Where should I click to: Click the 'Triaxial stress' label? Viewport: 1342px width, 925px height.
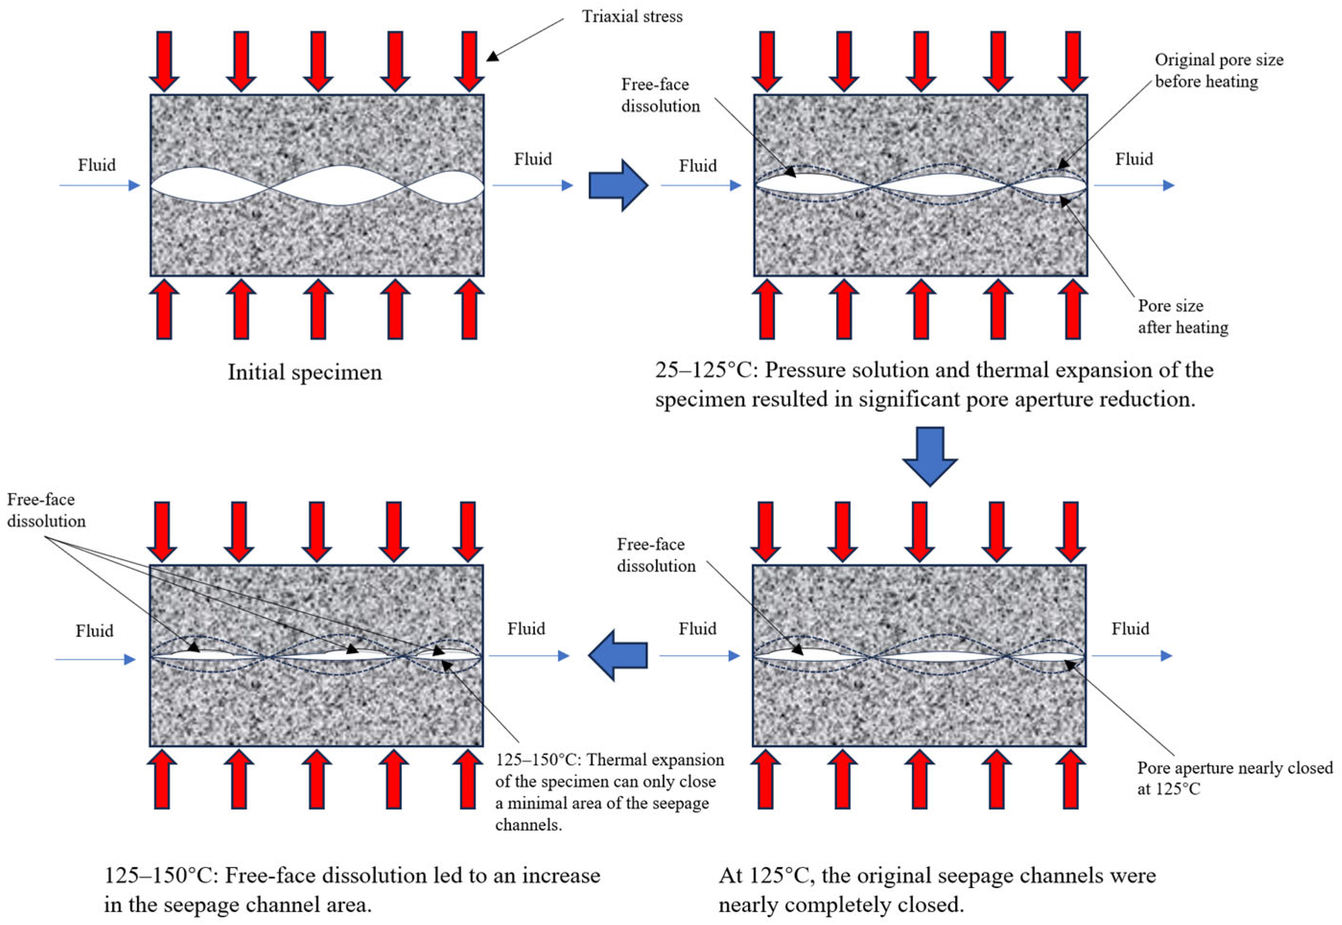[632, 17]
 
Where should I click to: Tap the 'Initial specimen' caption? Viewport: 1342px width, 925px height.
[305, 372]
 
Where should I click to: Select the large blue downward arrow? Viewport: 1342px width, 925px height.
[929, 455]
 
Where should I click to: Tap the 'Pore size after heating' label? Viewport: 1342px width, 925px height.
[1183, 316]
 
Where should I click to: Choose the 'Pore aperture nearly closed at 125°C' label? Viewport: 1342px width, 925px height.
[1235, 778]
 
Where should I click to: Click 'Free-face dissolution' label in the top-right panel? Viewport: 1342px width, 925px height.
[660, 95]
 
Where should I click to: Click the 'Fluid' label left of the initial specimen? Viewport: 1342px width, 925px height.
[97, 165]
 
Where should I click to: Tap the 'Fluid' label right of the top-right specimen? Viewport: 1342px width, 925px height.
[1134, 160]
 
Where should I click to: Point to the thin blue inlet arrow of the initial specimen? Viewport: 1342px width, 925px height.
[100, 185]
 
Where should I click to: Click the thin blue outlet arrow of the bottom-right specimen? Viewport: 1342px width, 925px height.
[1132, 656]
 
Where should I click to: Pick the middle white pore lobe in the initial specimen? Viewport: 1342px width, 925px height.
[338, 185]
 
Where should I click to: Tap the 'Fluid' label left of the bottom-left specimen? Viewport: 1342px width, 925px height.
[94, 631]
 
